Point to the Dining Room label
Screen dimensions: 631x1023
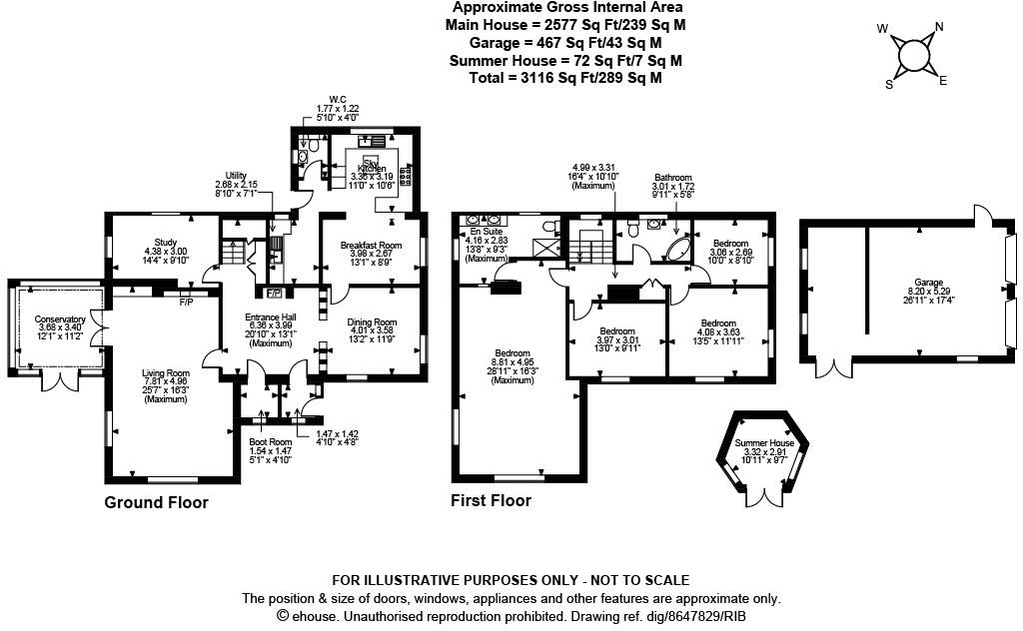tap(372, 322)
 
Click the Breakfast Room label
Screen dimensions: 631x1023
tap(371, 246)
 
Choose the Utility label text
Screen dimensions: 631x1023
tap(236, 175)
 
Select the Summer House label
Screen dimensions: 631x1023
tap(764, 442)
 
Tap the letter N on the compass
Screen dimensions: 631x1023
tap(938, 28)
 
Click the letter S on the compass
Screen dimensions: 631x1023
tap(888, 85)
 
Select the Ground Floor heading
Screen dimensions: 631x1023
tap(156, 502)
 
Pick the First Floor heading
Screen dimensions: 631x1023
tap(491, 500)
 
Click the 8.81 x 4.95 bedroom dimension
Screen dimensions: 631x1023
tap(513, 362)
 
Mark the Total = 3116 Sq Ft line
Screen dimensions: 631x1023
tap(565, 77)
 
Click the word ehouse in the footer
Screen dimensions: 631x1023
tap(313, 617)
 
